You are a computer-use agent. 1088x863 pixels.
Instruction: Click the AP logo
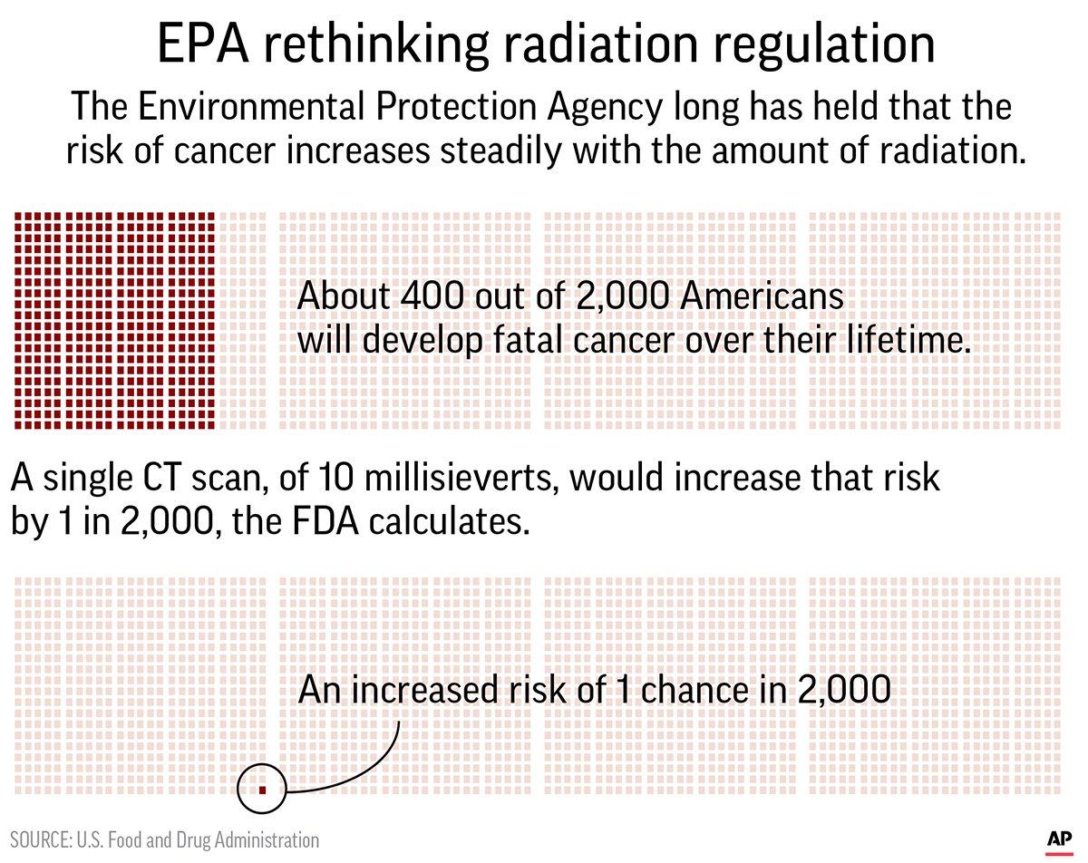click(1057, 839)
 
